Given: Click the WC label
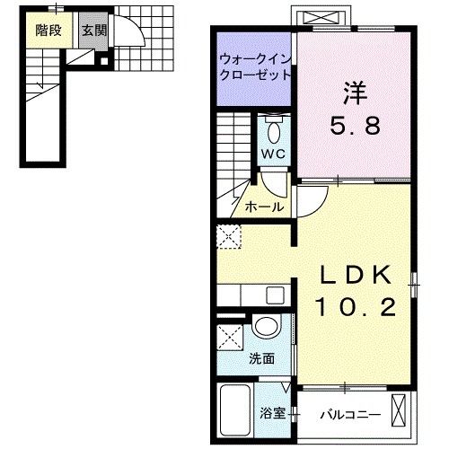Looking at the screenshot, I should point(273,153).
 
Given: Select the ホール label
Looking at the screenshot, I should point(266,207).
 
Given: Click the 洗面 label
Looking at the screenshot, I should point(262,357).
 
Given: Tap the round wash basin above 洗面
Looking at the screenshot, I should point(265,327).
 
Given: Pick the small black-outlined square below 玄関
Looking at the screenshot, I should point(105,63).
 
